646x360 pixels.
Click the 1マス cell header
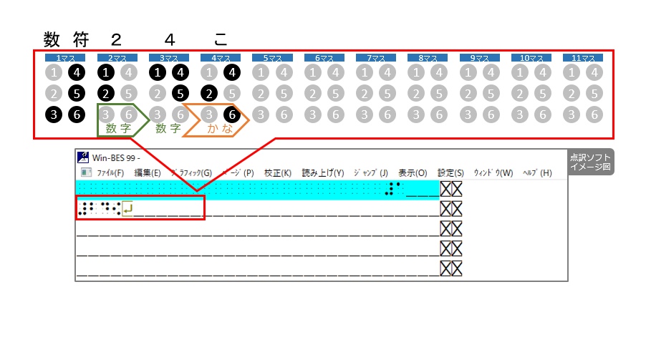point(65,58)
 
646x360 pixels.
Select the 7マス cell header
point(376,58)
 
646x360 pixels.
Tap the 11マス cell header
point(582,58)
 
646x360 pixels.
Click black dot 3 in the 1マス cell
point(54,113)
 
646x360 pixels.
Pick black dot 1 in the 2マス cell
point(106,72)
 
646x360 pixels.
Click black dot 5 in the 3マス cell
point(180,93)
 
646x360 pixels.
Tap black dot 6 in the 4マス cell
point(231,113)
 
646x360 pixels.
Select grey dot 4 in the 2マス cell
point(127,72)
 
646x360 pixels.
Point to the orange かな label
point(220,128)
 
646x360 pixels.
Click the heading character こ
point(221,38)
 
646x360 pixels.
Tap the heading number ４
point(168,38)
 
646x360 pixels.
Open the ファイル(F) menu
point(110,172)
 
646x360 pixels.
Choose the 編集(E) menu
point(147,172)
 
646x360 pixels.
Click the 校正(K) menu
point(277,172)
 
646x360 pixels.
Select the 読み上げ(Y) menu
point(322,172)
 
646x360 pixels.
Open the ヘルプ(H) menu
point(536,172)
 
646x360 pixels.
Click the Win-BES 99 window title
point(115,157)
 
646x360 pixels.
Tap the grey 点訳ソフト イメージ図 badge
point(592,162)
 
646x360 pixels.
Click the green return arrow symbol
point(127,209)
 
